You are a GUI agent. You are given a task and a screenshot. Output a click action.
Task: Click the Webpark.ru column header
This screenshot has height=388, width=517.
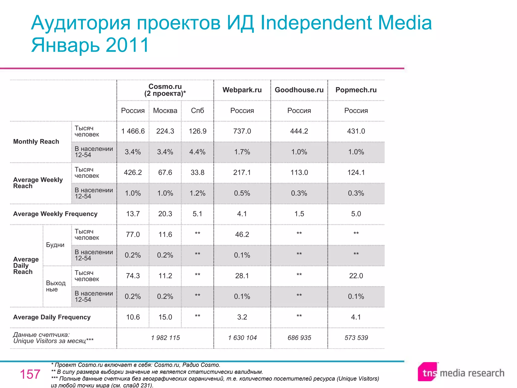pos(242,90)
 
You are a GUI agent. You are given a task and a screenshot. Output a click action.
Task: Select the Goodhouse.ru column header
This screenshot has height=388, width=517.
pos(299,90)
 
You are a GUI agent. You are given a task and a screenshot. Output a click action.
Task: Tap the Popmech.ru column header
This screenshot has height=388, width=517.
pos(356,90)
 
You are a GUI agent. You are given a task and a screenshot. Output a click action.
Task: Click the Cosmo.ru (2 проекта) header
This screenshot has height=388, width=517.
pos(165,90)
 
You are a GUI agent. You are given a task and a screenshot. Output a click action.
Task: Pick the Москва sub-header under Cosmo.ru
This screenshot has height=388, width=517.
pos(165,111)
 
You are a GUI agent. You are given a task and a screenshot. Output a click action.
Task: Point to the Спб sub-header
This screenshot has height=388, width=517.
pos(197,111)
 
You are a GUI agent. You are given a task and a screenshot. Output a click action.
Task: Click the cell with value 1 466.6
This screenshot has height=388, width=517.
pos(133,131)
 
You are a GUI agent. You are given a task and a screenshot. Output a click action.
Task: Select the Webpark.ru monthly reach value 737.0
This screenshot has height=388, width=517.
pos(242,131)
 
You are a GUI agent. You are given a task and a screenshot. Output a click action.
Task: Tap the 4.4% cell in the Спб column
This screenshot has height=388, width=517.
pos(197,152)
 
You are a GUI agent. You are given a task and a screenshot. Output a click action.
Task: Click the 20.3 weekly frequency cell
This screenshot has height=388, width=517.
pos(165,214)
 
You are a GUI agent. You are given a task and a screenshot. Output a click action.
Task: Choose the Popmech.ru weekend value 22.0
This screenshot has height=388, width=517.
pos(356,276)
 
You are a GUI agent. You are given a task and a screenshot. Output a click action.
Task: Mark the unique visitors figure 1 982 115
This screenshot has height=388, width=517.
pos(165,338)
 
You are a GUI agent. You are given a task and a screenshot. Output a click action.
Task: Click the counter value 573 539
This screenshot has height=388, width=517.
pos(356,338)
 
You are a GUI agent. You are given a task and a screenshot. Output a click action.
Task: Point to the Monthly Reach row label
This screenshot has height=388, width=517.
pos(36,141)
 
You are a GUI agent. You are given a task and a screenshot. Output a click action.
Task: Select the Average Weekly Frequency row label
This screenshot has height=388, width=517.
pos(55,214)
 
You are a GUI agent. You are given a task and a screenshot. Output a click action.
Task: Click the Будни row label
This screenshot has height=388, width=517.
pos(55,245)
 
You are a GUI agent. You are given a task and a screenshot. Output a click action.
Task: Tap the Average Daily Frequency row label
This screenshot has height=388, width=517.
pos(52,317)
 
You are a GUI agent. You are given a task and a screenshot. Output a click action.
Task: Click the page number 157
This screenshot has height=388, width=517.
pos(30,374)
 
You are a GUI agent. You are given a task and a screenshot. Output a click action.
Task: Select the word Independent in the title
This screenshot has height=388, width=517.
pos(316,23)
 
